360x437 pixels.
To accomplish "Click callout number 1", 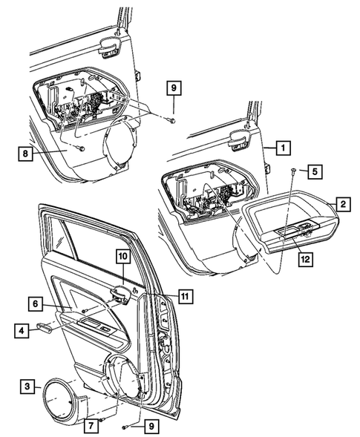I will (x=282, y=148).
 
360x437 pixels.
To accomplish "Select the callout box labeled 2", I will (x=342, y=203).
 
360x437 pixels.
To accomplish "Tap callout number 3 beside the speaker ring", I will (x=27, y=386).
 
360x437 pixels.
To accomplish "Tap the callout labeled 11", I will (x=186, y=296).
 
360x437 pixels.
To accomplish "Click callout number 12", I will (x=303, y=258).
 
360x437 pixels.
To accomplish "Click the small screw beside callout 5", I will (x=294, y=171).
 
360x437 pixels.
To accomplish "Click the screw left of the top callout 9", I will (x=171, y=119).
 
